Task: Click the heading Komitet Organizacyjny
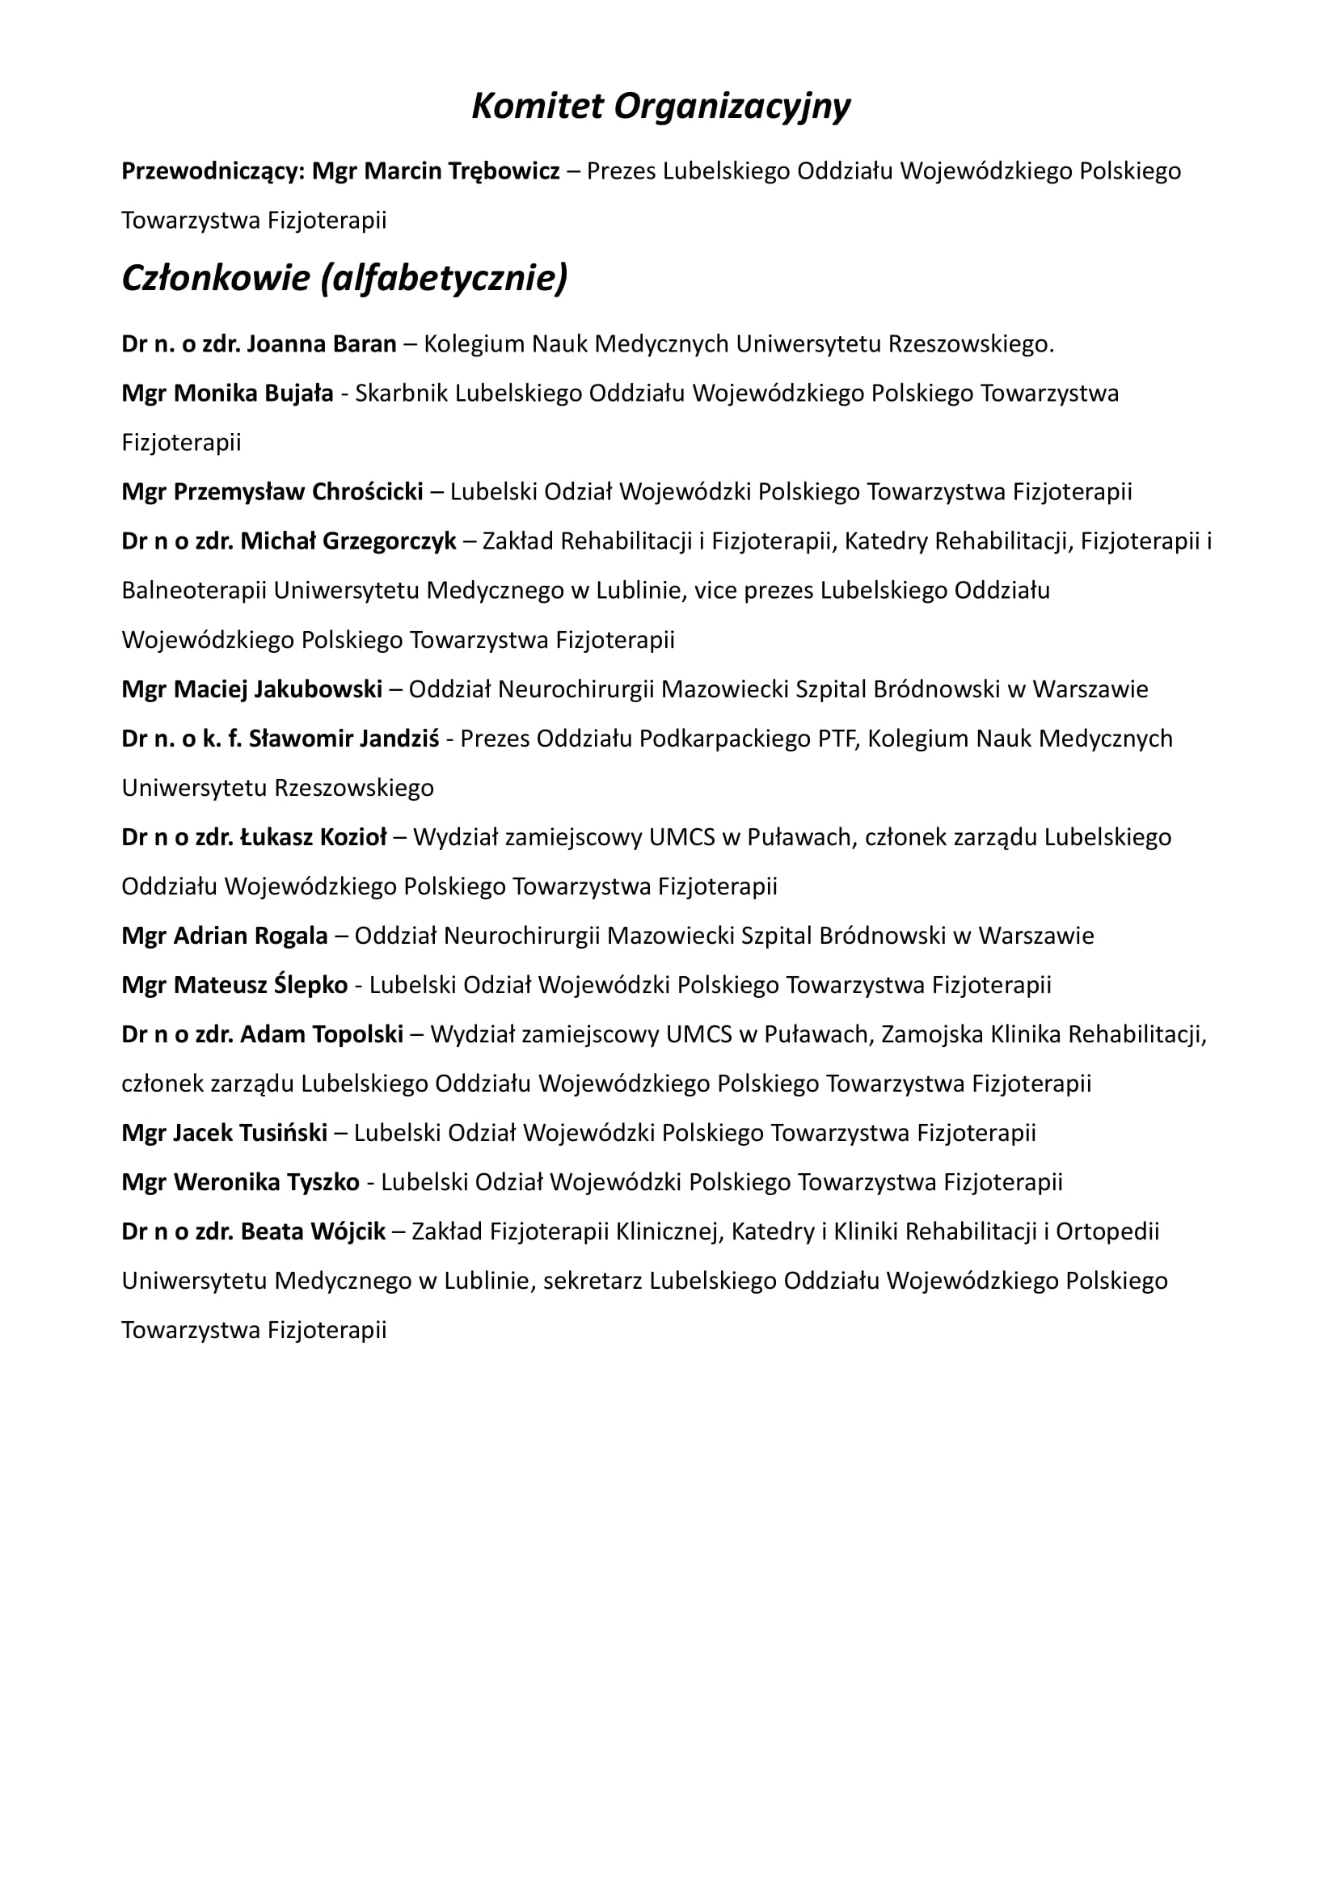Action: (660, 107)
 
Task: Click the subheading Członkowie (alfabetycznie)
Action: (344, 278)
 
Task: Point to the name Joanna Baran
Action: (321, 344)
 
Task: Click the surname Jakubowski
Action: (318, 689)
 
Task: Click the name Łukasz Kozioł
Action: (313, 837)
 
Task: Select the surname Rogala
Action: (291, 936)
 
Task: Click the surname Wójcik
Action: (354, 1232)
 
